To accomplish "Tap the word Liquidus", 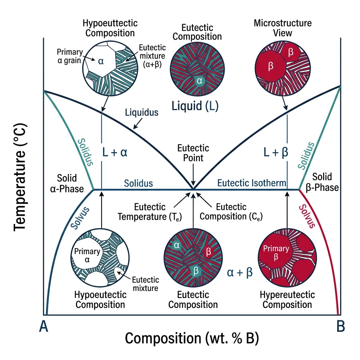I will pos(142,112).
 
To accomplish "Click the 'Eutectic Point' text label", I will pos(193,153).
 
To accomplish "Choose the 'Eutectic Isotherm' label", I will pos(252,183).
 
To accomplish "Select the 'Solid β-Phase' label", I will pos(325,182).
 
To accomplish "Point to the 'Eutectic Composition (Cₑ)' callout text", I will pos(231,212).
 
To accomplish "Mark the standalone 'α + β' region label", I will pos(240,273).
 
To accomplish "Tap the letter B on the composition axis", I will pos(340,327).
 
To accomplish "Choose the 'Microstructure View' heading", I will pos(283,28).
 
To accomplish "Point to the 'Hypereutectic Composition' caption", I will pos(287,300).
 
